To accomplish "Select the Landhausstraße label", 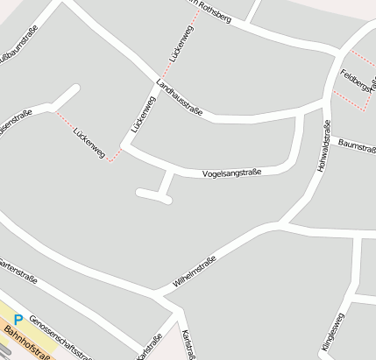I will pyautogui.click(x=180, y=98).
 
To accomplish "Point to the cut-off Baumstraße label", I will pyautogui.click(x=357, y=146).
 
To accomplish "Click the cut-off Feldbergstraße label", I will pyautogui.click(x=358, y=79).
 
